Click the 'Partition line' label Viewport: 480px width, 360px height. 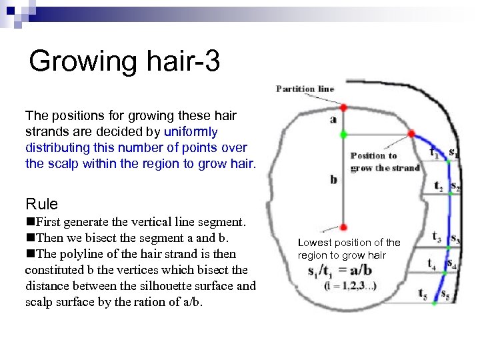(x=305, y=89)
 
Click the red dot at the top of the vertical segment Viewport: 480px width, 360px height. (x=343, y=107)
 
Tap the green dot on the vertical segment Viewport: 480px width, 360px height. (x=343, y=134)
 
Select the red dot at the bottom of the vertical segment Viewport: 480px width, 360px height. (x=343, y=227)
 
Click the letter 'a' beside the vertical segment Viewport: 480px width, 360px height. (x=333, y=120)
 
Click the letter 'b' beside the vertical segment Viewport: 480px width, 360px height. (x=333, y=180)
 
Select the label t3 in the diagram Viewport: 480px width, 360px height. (x=436, y=235)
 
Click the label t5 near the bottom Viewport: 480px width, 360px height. (x=423, y=293)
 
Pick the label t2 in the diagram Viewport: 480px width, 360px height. (x=438, y=187)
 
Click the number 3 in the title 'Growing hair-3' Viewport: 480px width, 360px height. (x=211, y=62)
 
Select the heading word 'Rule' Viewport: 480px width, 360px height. (x=41, y=204)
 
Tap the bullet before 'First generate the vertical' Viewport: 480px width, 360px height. (x=29, y=221)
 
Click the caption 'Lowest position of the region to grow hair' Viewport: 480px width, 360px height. (x=349, y=249)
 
